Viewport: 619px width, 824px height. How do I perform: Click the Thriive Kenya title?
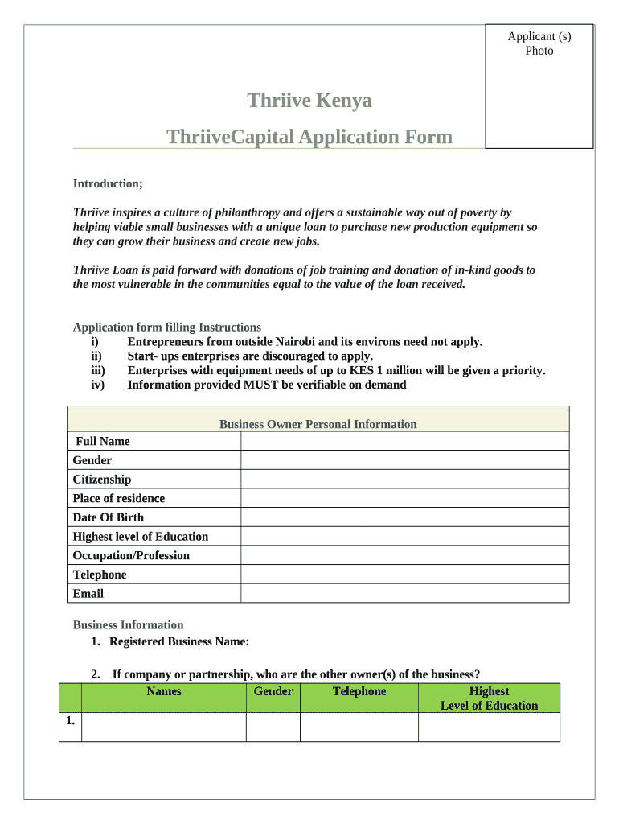point(309,101)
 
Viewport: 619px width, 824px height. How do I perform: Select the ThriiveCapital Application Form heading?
point(309,137)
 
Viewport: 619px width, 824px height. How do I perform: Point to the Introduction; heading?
point(108,183)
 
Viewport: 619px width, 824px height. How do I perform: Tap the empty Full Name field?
point(404,441)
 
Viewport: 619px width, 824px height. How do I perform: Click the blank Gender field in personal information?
point(404,460)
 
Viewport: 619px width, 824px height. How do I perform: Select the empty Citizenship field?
point(404,480)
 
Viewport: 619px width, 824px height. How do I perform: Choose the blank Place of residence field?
point(404,498)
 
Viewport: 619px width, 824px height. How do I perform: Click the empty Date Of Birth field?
point(404,517)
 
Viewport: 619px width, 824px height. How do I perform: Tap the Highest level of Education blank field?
point(404,537)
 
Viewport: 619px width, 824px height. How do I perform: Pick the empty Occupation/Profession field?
point(404,555)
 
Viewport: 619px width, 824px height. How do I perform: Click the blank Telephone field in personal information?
point(404,575)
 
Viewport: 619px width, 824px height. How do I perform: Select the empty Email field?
point(404,594)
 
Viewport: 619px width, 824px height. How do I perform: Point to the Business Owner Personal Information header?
point(318,424)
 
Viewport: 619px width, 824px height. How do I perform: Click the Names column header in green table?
point(164,691)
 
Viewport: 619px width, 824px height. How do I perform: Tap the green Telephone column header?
point(359,691)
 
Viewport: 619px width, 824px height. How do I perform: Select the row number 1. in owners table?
point(71,720)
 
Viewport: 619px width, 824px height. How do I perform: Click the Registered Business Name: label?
point(179,641)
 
